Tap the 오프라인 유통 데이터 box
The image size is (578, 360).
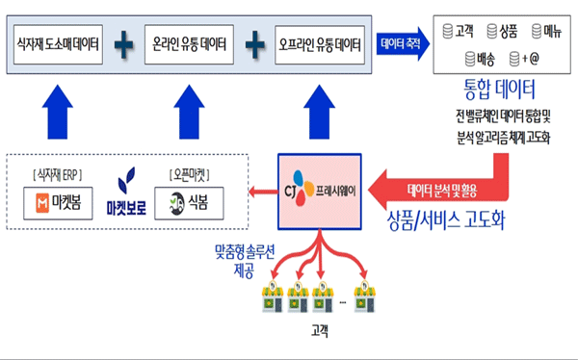[319, 43]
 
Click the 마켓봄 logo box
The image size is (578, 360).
[58, 202]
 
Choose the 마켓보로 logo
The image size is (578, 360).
[127, 191]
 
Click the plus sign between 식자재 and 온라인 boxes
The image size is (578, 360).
[124, 43]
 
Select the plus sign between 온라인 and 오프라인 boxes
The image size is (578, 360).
[253, 43]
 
